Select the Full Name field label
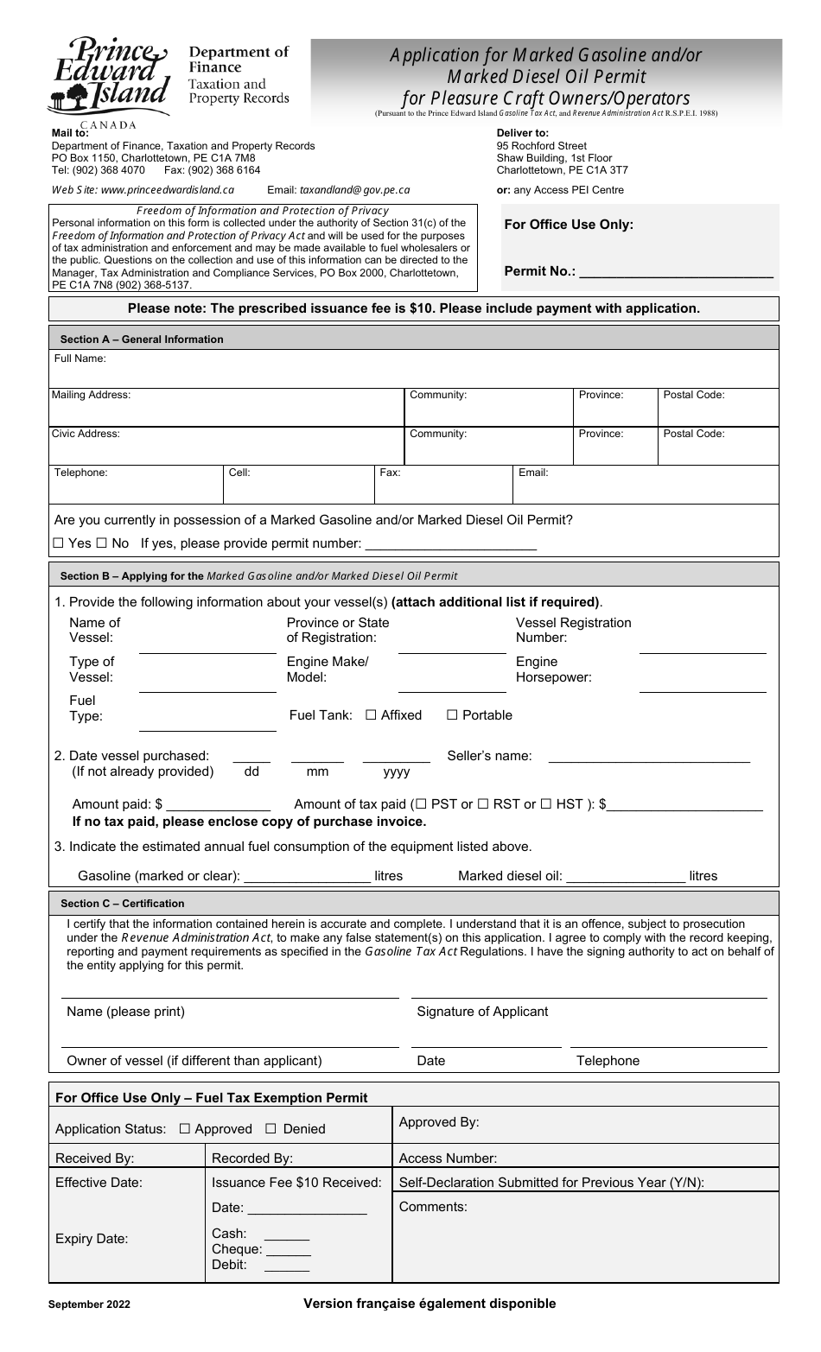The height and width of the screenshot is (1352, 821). (x=80, y=359)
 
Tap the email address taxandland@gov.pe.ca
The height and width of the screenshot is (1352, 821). (x=354, y=190)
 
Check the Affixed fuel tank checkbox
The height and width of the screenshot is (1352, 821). (x=372, y=715)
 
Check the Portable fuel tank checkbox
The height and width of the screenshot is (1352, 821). (x=452, y=715)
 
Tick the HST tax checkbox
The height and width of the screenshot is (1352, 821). (x=546, y=804)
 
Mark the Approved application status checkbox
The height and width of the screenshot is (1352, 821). (x=184, y=1129)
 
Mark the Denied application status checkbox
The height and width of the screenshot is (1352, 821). (x=270, y=1129)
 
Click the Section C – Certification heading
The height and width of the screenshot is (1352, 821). (x=122, y=904)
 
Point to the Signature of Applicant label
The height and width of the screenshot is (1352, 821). (x=482, y=1012)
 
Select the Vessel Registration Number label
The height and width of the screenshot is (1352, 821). (x=573, y=630)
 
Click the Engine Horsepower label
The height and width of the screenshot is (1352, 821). (x=553, y=670)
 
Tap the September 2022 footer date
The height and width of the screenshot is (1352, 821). (x=90, y=1305)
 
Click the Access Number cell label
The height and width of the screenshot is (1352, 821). (x=448, y=1158)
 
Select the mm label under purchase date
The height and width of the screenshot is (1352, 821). (x=317, y=771)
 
